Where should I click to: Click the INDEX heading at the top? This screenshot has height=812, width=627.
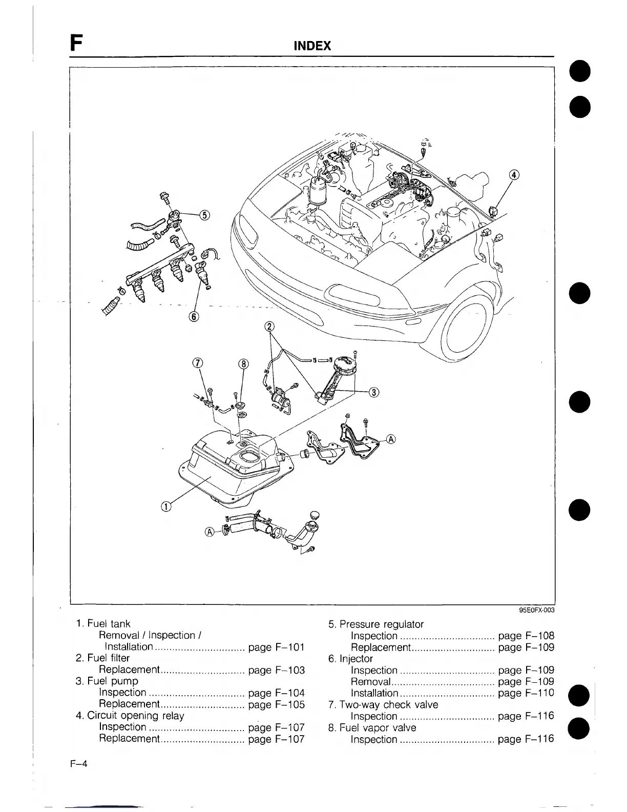[312, 46]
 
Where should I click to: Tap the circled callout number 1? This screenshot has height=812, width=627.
[166, 507]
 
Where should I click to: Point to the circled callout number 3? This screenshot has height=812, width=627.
[374, 392]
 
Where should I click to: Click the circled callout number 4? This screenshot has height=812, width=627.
[514, 175]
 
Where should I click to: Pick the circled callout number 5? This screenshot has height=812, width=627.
[204, 215]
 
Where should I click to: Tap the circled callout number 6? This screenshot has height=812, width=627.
[194, 316]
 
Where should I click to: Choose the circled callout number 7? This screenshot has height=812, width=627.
[197, 363]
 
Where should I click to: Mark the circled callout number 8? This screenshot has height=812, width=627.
[244, 363]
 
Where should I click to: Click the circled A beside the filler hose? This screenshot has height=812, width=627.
[209, 531]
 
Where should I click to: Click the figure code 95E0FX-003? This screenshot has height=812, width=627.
[536, 610]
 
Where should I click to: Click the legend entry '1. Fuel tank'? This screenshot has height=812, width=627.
[103, 624]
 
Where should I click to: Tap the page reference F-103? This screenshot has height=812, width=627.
[276, 669]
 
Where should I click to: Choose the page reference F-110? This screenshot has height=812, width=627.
[526, 693]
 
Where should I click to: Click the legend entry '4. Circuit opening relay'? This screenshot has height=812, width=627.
[130, 715]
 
